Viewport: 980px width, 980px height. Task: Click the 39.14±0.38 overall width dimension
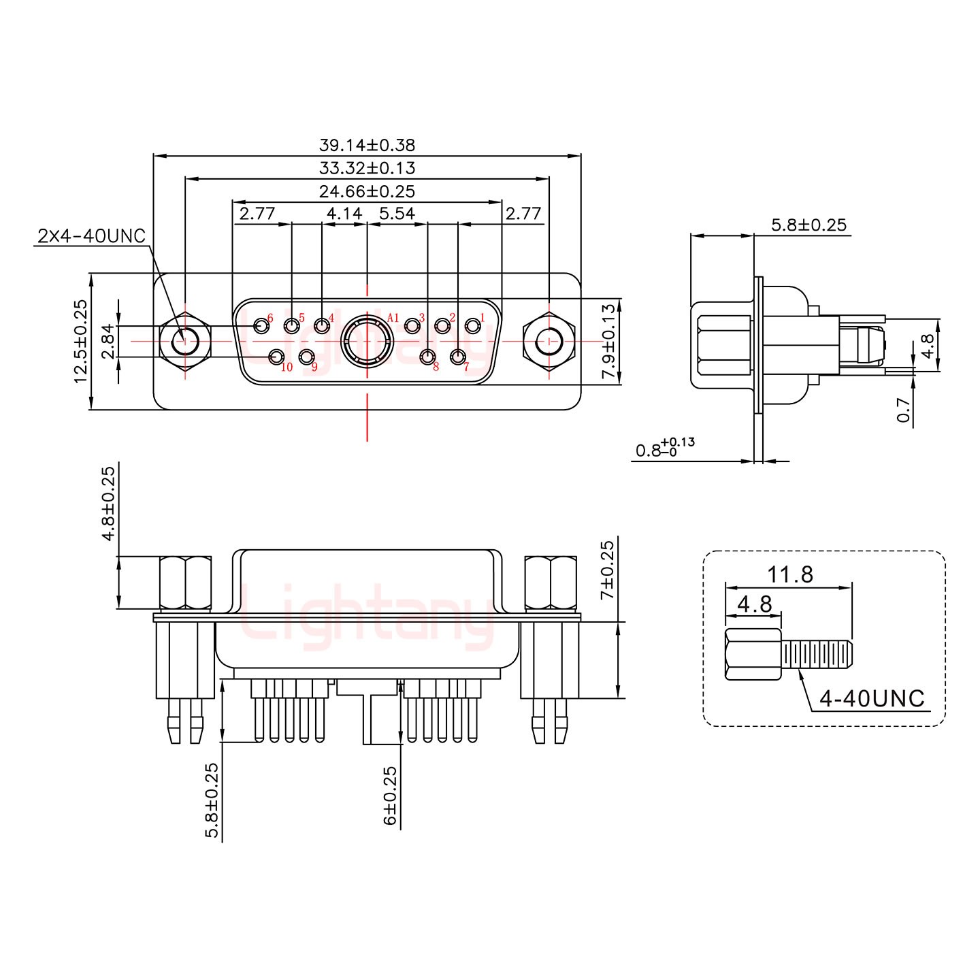[367, 145]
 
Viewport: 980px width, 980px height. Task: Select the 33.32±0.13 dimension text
[367, 168]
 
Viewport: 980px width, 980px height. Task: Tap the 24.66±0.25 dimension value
[367, 191]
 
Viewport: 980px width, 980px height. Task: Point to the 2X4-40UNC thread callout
[91, 236]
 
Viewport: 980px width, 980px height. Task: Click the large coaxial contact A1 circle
[367, 340]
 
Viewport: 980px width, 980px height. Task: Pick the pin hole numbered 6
[261, 325]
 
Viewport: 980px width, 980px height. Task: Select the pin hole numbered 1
[472, 325]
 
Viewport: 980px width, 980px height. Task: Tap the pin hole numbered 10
[277, 357]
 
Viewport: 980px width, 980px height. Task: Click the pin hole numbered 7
[458, 357]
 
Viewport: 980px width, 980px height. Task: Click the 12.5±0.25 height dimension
[81, 342]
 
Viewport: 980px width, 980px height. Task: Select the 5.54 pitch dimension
[397, 214]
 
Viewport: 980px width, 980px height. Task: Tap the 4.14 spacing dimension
[344, 214]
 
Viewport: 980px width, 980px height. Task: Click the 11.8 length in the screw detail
[790, 575]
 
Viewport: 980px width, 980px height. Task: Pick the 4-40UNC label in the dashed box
[872, 699]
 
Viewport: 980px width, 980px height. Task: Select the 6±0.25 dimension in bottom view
[390, 786]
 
